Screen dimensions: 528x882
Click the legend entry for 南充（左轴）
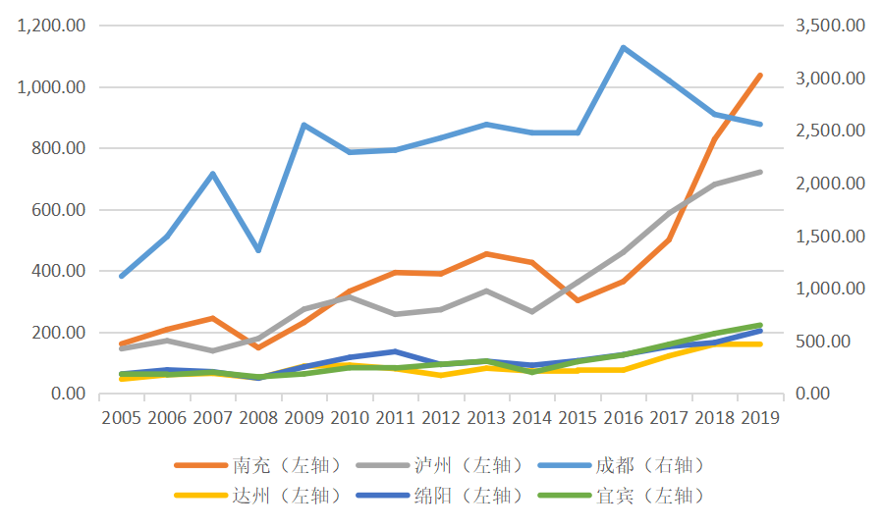(x=280, y=465)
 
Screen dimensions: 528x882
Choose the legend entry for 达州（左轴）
(x=280, y=496)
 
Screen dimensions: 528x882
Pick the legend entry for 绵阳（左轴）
(x=461, y=496)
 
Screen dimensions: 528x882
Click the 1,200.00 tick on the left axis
(x=51, y=26)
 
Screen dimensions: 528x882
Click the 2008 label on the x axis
(x=258, y=417)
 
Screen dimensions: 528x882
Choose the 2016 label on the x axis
(x=623, y=417)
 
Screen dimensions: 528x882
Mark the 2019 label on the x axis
(x=759, y=417)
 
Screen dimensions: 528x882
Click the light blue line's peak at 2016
(x=623, y=47)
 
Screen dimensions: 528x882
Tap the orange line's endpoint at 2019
(x=759, y=75)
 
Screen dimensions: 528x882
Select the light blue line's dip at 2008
(x=258, y=250)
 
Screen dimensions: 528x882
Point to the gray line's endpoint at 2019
(x=759, y=172)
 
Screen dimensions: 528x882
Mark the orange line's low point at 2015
(x=578, y=300)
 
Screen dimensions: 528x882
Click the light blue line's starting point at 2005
(x=122, y=276)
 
